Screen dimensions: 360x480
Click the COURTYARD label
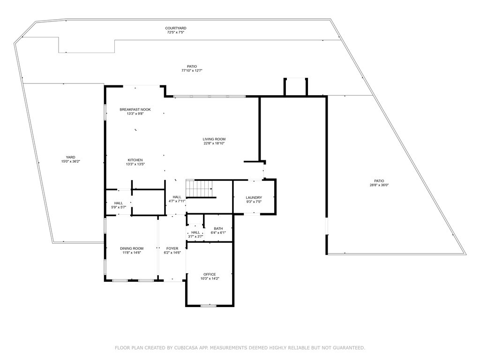[x=175, y=28]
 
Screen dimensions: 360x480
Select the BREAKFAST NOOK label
[x=135, y=109]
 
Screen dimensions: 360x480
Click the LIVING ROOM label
[x=214, y=139]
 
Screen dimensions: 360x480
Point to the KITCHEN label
[x=135, y=160]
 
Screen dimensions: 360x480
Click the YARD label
[x=70, y=157]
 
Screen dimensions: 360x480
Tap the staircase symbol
[x=199, y=188]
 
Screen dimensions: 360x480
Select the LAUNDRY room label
[x=254, y=197]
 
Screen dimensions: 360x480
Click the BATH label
[x=218, y=228]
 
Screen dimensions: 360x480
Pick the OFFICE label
[x=209, y=274]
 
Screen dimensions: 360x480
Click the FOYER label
[x=172, y=248]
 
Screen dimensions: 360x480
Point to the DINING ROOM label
[x=132, y=248]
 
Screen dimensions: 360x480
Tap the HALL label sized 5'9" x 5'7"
[x=118, y=203]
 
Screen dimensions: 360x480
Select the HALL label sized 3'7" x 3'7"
[x=195, y=232]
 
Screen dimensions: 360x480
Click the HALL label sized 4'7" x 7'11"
[x=177, y=197]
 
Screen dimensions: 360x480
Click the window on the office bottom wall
[x=209, y=306]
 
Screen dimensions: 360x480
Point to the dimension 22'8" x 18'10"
[x=214, y=144]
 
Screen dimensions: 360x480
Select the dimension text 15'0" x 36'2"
[x=70, y=162]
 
